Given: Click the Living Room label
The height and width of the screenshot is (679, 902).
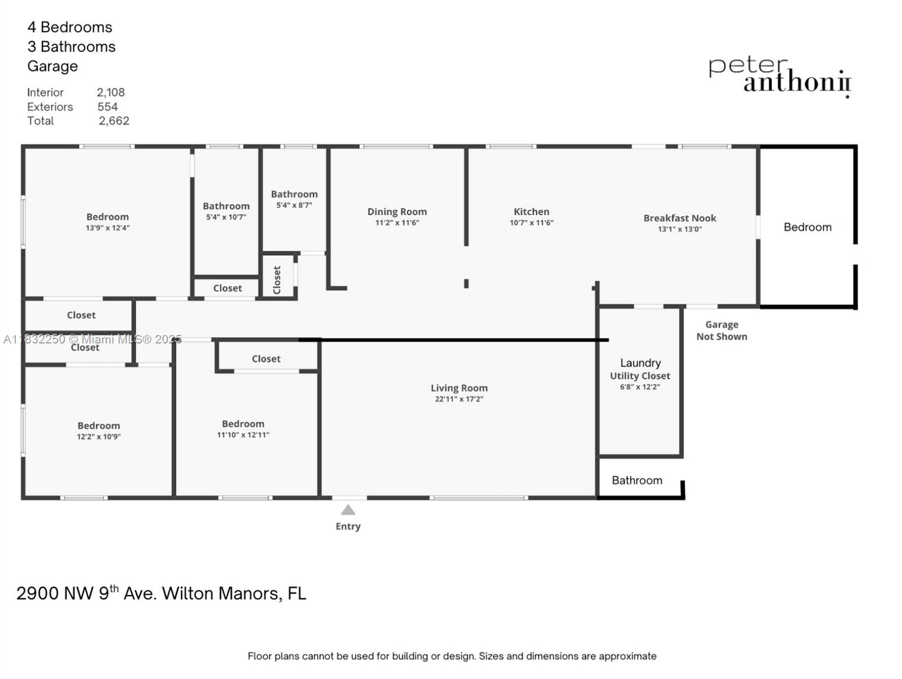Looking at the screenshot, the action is click(x=459, y=388).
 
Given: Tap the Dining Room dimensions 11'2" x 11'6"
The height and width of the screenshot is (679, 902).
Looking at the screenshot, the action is click(x=397, y=222).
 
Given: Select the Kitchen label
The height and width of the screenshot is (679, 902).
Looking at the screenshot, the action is click(x=531, y=212).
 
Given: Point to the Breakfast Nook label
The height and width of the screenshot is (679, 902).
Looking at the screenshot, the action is click(x=680, y=218).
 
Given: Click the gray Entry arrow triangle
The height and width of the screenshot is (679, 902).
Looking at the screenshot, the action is click(x=348, y=510).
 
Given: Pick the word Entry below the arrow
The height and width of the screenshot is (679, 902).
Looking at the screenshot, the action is click(x=348, y=526).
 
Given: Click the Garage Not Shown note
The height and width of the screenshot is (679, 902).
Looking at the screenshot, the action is click(x=721, y=330).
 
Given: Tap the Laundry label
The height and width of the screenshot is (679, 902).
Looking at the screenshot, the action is click(x=640, y=363).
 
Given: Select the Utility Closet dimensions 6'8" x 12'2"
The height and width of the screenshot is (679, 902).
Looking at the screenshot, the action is click(x=640, y=387).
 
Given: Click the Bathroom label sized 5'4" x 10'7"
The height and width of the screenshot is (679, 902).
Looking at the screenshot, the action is click(x=226, y=206).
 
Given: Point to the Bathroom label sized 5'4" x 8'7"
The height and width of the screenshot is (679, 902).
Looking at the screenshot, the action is click(x=294, y=194).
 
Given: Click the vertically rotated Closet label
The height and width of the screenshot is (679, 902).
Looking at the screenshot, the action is click(x=277, y=280).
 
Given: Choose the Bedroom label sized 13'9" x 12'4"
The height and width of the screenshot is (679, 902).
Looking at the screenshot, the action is click(x=108, y=217).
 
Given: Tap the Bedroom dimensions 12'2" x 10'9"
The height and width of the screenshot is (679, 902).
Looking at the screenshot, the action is click(x=98, y=437).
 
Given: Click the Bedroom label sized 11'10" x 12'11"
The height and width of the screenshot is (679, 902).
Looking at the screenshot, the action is click(x=243, y=423).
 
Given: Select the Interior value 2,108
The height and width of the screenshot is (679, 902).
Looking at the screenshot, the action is click(x=110, y=92).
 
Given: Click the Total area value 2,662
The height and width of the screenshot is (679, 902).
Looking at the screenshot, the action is click(x=114, y=121).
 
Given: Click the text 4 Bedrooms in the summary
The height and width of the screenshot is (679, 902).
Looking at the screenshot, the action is click(x=70, y=27).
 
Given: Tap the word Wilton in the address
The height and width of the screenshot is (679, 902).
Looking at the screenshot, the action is click(x=188, y=593).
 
